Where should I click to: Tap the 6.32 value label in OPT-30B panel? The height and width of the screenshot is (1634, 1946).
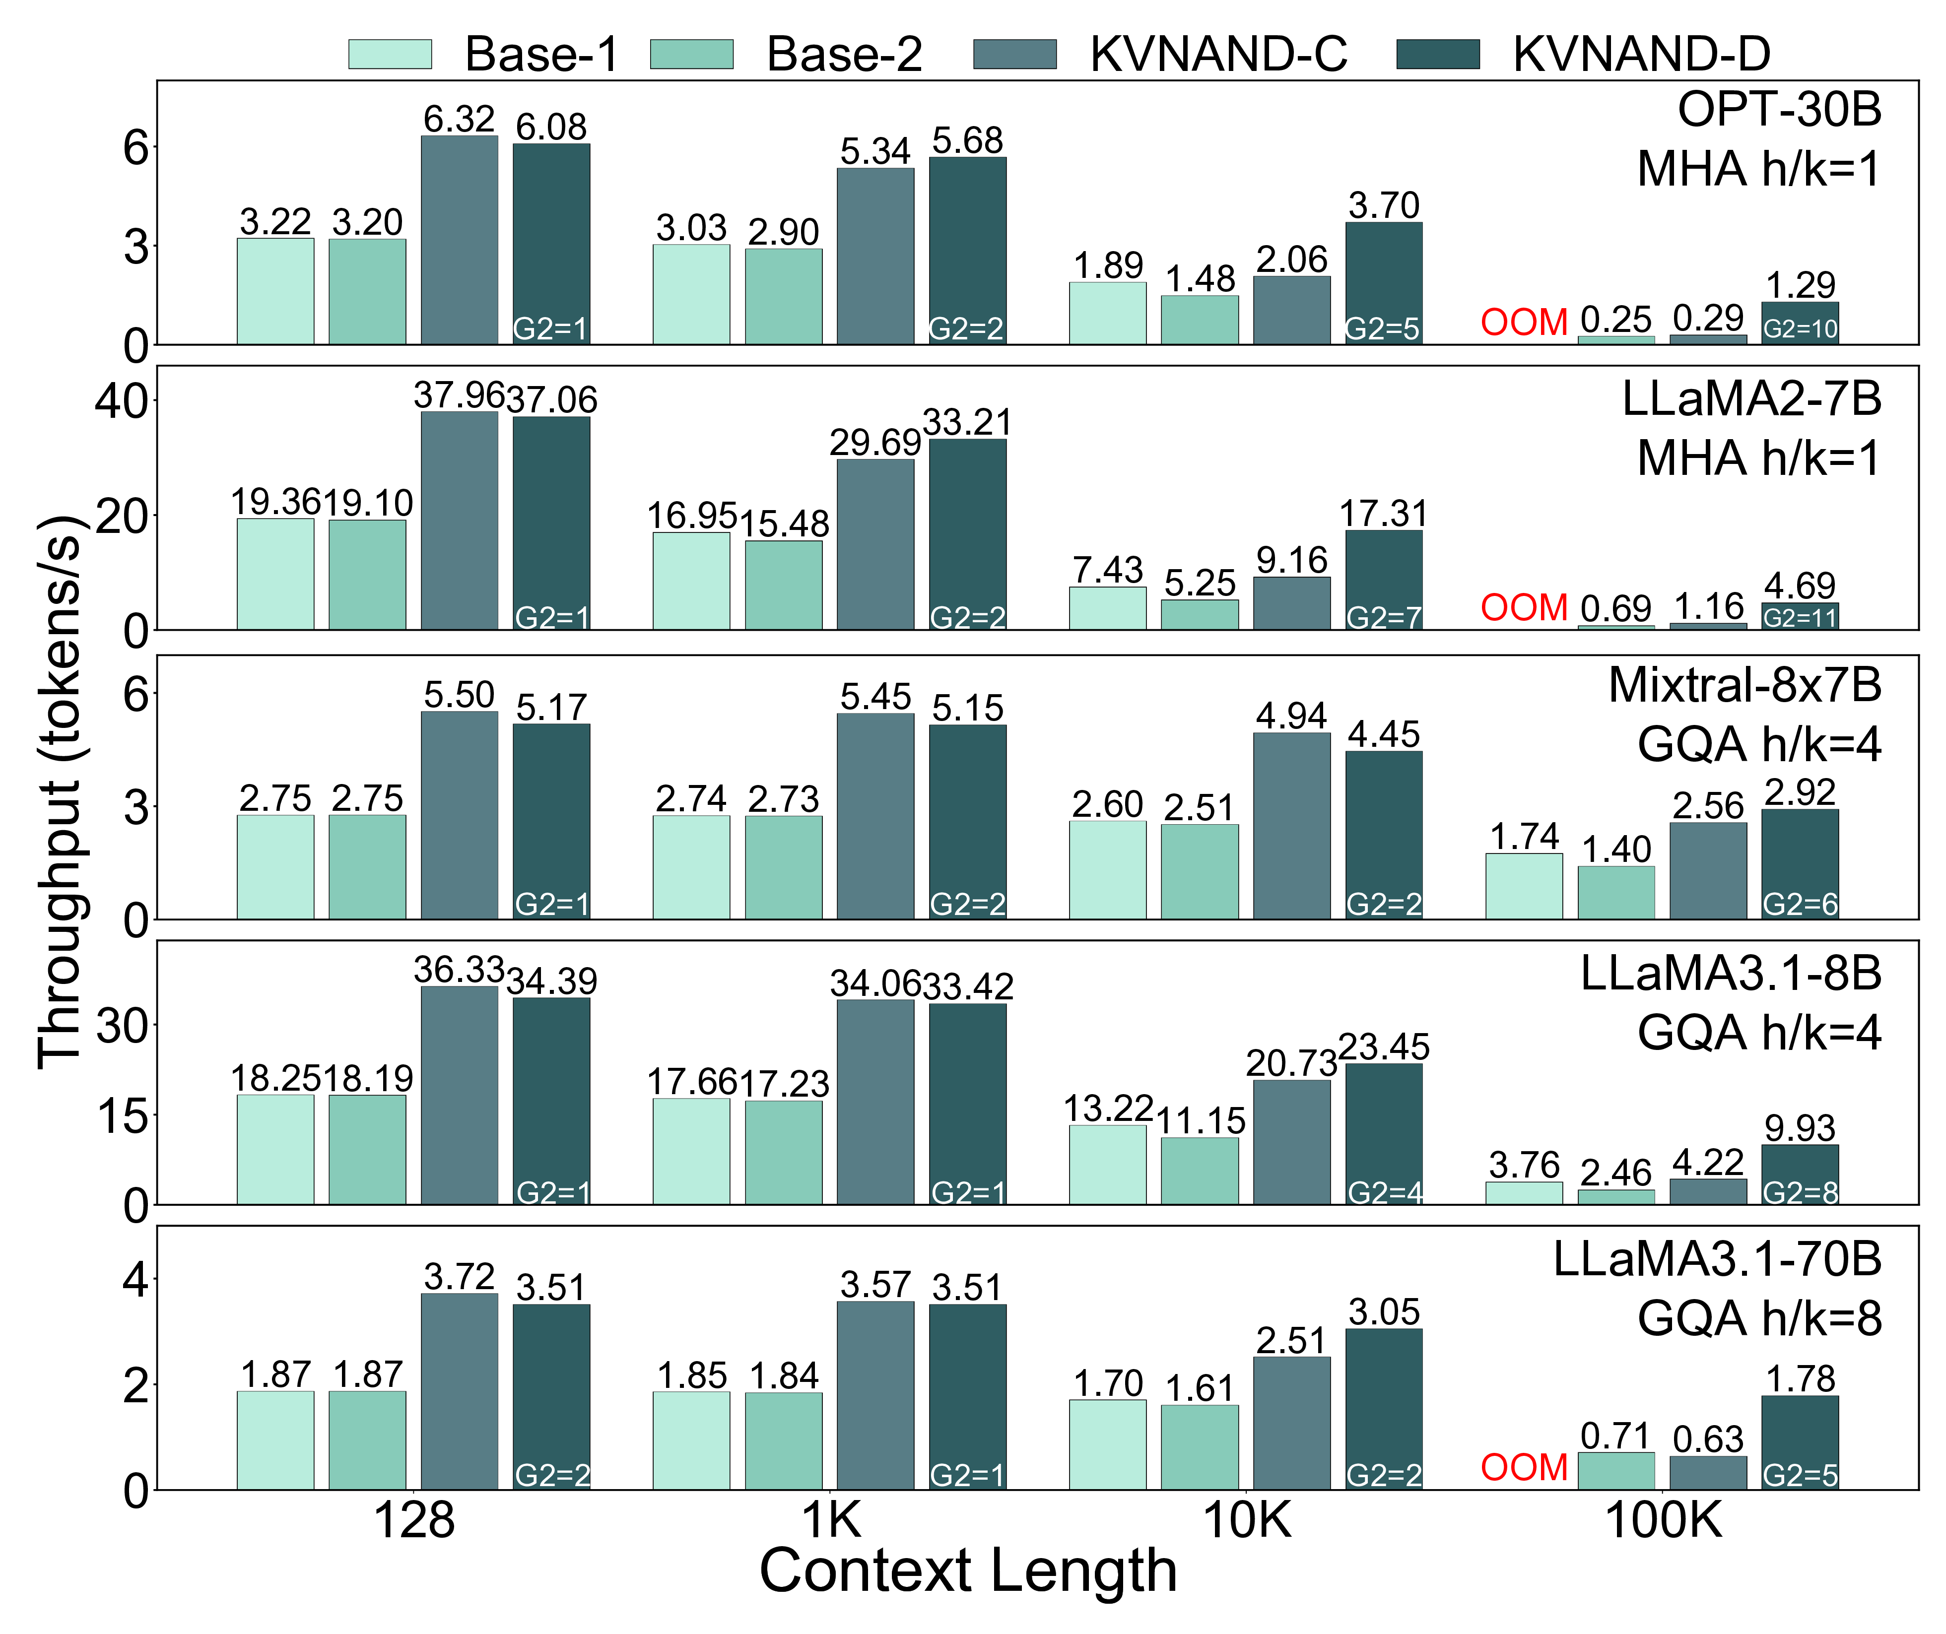tap(460, 120)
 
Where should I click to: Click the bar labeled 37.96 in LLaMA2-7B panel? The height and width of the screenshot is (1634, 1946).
tap(460, 521)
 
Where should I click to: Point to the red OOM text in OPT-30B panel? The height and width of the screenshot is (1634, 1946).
tap(1524, 323)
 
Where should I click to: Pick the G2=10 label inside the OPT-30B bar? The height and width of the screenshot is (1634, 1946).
tap(1800, 329)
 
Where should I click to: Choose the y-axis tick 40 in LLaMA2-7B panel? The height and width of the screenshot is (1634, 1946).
tap(121, 401)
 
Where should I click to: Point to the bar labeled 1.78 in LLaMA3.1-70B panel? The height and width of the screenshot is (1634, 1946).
tap(1800, 1442)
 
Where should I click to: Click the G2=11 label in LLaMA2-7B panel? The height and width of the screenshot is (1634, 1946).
tap(1800, 618)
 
